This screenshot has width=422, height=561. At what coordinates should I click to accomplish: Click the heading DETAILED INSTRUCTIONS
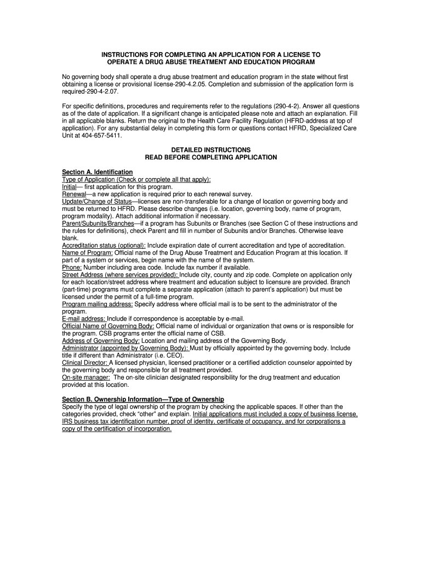211,150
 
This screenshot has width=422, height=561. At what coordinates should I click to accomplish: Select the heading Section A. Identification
97,172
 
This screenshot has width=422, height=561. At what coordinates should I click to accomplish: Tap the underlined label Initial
70,187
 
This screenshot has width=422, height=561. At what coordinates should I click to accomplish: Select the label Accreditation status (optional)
104,245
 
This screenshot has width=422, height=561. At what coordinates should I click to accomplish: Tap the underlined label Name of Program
87,253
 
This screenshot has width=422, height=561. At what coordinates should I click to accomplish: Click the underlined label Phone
72,267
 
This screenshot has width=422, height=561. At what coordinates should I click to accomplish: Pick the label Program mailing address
97,304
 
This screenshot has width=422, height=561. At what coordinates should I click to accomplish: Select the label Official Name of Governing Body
108,326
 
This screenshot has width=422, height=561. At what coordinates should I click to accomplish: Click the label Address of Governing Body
101,340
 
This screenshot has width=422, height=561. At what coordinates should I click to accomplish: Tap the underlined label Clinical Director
85,363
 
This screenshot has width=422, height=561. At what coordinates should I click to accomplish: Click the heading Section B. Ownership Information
142,399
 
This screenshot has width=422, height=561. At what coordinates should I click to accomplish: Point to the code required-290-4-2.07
90,91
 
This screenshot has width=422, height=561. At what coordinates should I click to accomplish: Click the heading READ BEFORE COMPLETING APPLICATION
211,157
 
